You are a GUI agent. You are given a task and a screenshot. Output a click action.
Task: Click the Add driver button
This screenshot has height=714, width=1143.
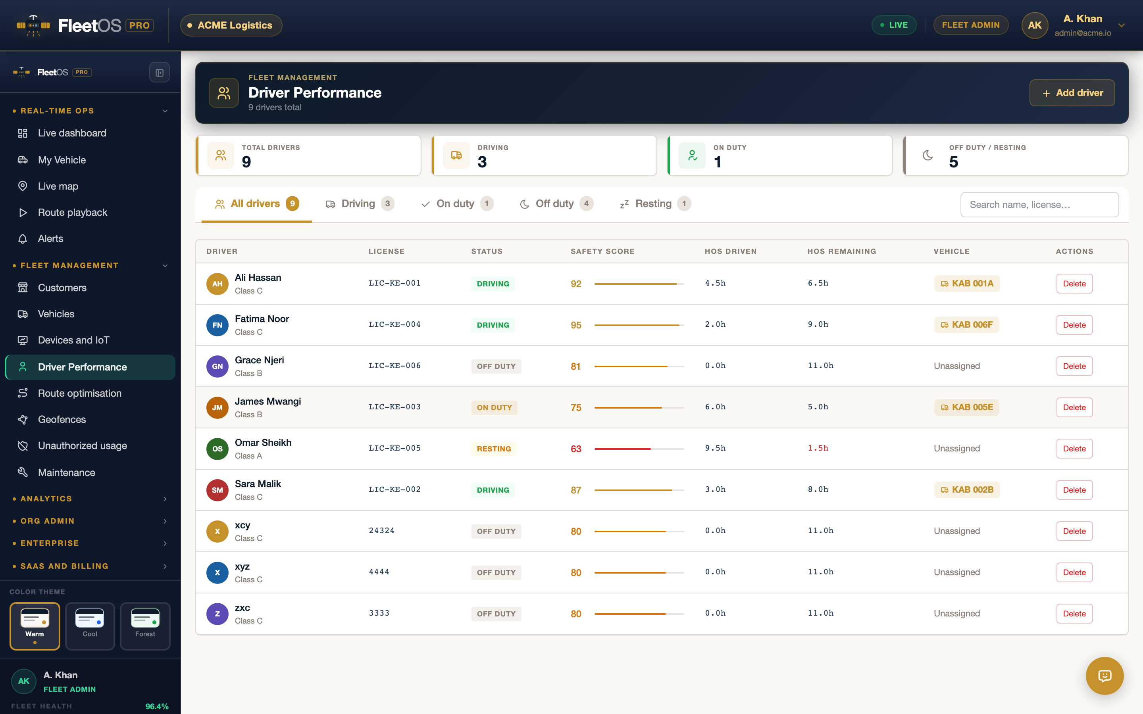click(1072, 93)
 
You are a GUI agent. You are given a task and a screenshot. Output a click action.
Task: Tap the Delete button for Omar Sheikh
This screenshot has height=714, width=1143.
click(1074, 449)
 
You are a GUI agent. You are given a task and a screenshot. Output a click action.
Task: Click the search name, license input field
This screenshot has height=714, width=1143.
click(1039, 204)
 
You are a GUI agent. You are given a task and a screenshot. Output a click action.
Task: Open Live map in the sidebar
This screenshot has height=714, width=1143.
click(58, 186)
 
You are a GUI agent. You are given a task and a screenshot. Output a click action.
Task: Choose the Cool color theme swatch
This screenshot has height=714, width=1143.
click(90, 626)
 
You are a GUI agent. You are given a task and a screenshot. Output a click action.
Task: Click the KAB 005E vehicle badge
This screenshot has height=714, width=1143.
click(966, 407)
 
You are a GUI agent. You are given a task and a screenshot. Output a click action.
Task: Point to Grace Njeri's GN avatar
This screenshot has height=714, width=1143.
click(217, 367)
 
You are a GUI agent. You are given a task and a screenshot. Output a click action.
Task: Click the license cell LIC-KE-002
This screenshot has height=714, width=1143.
click(394, 489)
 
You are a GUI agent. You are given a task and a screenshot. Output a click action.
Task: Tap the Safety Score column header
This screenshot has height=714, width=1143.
click(602, 251)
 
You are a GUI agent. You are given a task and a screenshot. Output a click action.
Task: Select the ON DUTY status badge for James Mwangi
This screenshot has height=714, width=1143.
click(494, 407)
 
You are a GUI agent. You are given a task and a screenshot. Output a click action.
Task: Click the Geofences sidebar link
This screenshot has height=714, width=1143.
click(62, 419)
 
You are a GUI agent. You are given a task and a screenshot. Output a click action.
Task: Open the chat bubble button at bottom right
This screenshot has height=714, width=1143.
click(1104, 676)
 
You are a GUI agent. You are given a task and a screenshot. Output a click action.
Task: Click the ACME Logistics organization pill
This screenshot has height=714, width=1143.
click(231, 25)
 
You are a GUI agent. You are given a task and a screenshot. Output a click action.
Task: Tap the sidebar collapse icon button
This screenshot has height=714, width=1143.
click(160, 73)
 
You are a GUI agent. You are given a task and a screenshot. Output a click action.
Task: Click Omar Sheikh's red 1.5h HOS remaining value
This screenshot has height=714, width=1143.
click(818, 448)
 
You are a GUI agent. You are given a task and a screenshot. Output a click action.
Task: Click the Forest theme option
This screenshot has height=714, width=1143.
click(145, 626)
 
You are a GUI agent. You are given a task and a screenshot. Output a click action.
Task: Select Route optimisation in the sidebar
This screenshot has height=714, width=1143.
click(80, 393)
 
